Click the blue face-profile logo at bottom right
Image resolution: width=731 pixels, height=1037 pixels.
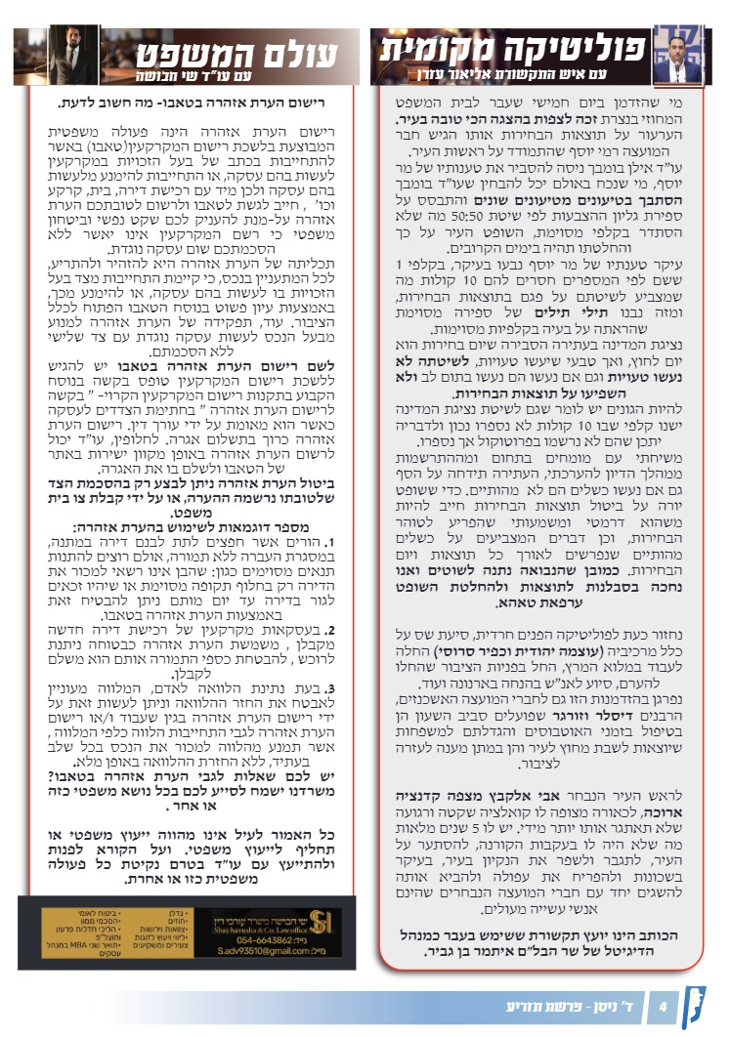[700, 1006]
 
